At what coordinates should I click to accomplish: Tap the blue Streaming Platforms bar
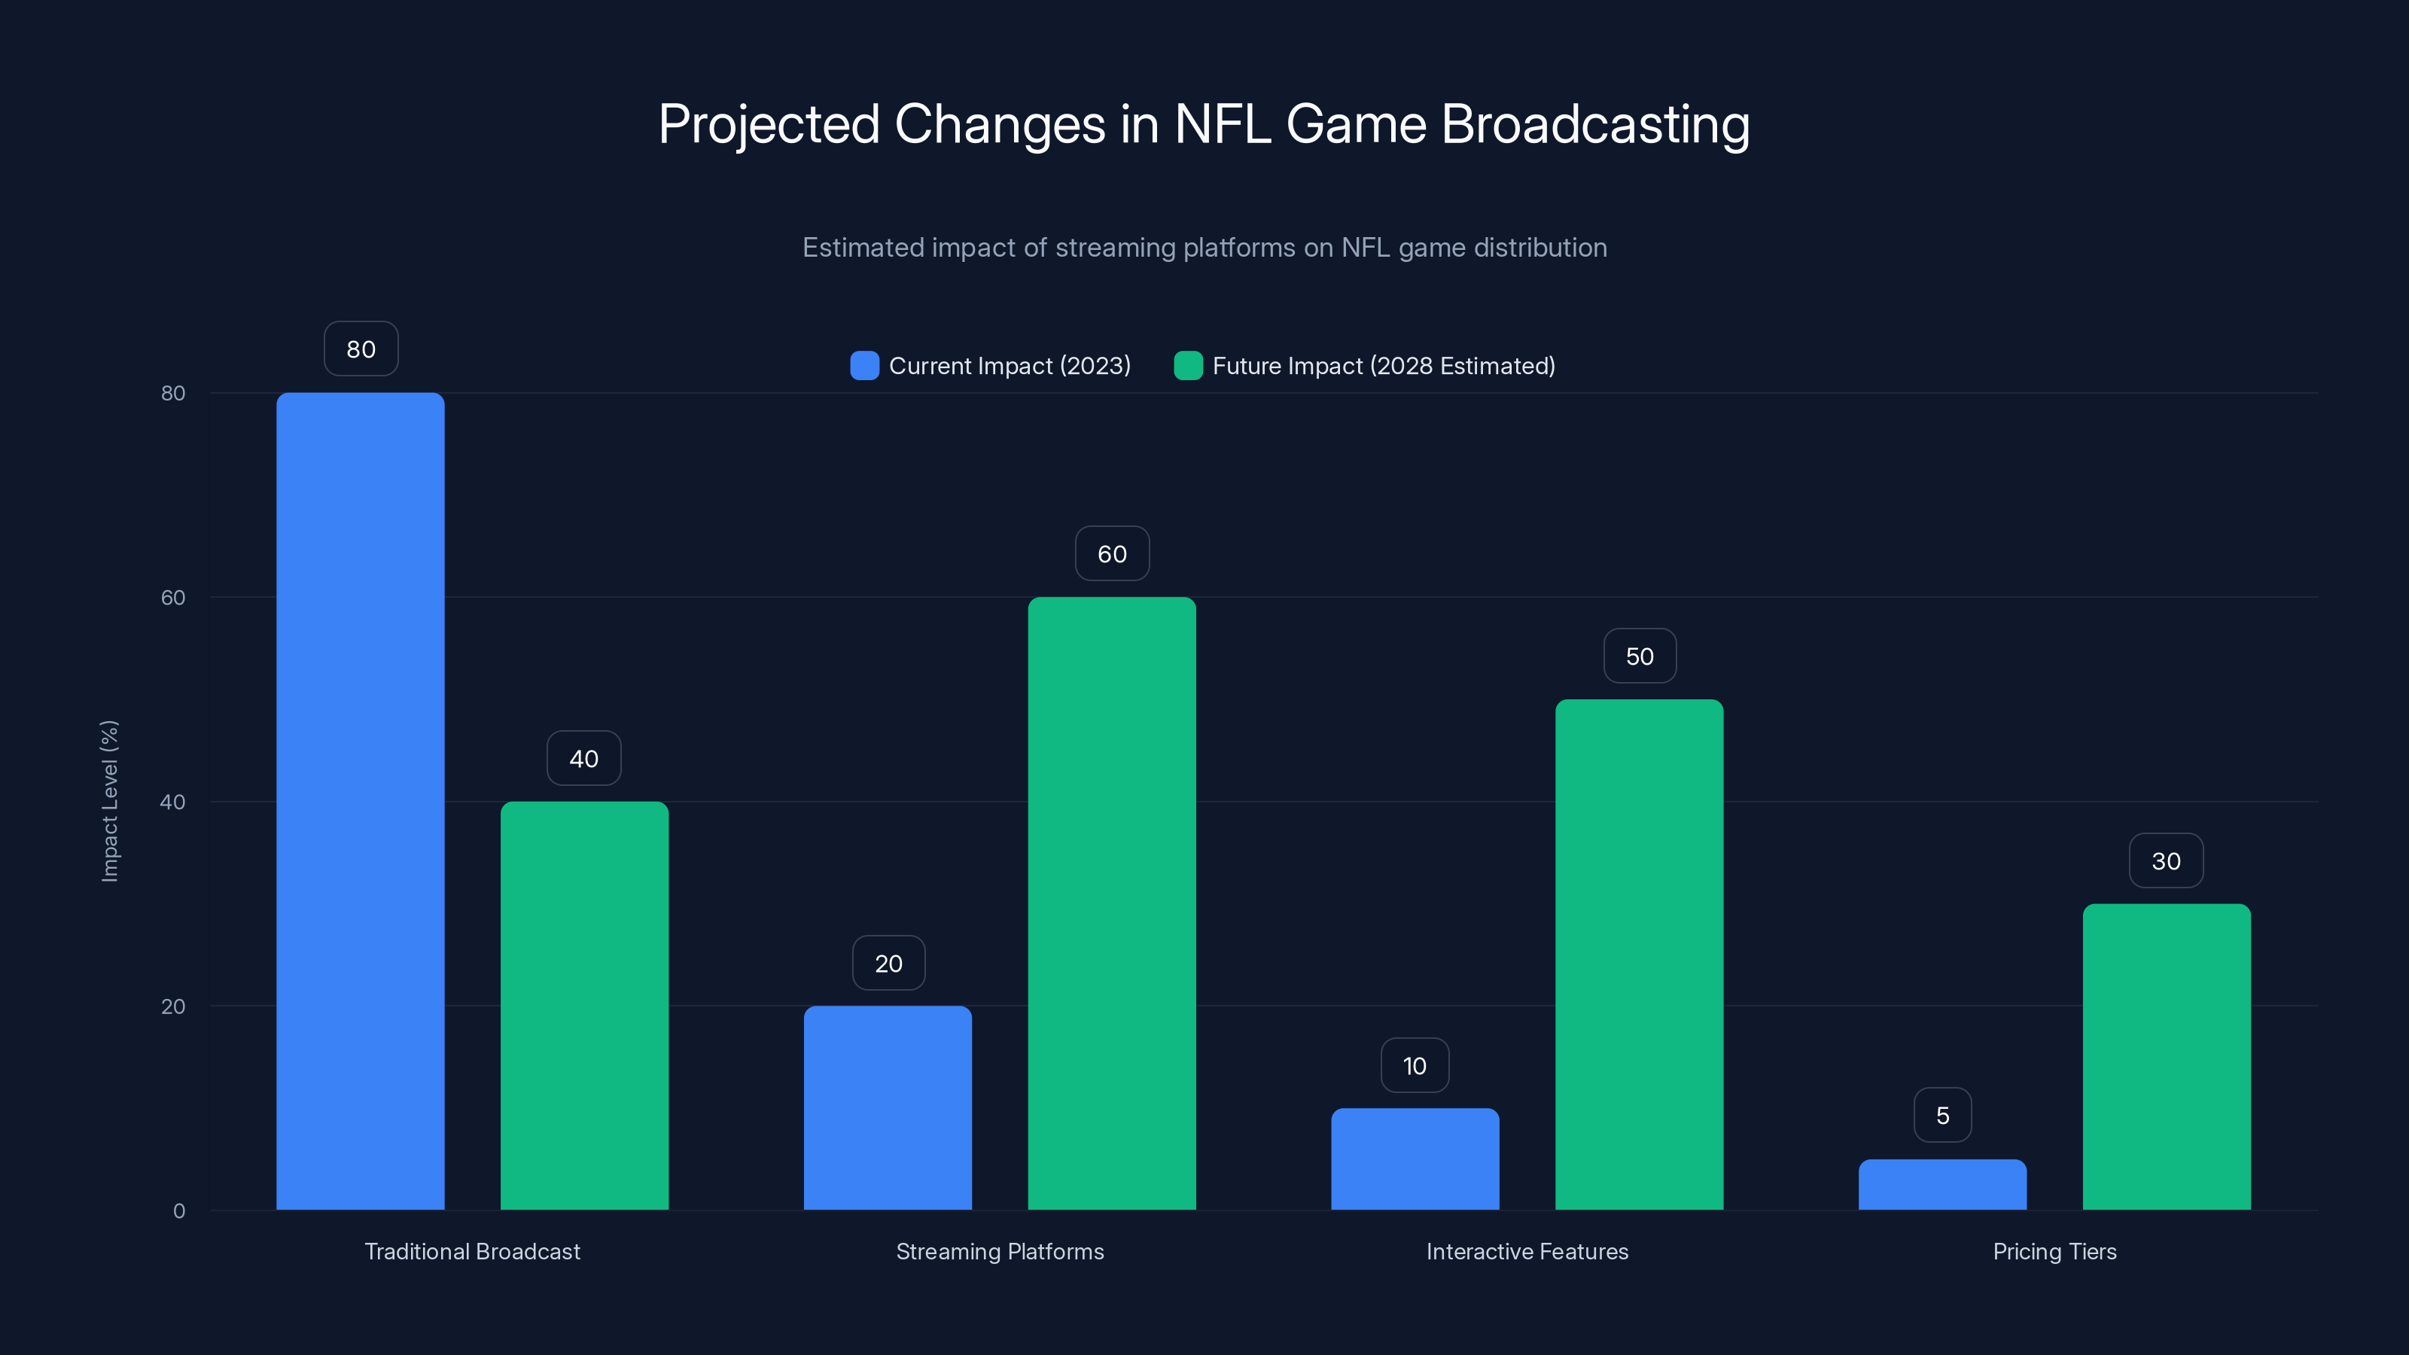pyautogui.click(x=888, y=1107)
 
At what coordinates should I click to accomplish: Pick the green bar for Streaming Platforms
pyautogui.click(x=1112, y=903)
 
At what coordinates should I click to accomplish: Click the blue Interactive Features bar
pyautogui.click(x=1415, y=1159)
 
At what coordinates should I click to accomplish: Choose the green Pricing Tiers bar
pyautogui.click(x=2166, y=1057)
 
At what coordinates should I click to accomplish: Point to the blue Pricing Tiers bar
pyautogui.click(x=1942, y=1184)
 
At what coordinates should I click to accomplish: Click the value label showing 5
pyautogui.click(x=1942, y=1115)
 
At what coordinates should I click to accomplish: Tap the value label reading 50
pyautogui.click(x=1640, y=656)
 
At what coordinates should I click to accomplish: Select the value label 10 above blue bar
pyautogui.click(x=1415, y=1065)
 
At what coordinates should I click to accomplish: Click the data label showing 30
pyautogui.click(x=2166, y=860)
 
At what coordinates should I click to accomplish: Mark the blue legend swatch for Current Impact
pyautogui.click(x=864, y=366)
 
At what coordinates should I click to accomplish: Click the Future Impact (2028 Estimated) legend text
pyautogui.click(x=1383, y=366)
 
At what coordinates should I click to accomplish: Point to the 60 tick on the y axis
pyautogui.click(x=173, y=598)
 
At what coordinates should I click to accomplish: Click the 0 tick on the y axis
pyautogui.click(x=178, y=1211)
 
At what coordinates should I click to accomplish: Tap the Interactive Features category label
pyautogui.click(x=1527, y=1251)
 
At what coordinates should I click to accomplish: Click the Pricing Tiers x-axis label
pyautogui.click(x=2054, y=1251)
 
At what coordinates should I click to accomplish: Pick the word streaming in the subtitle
pyautogui.click(x=1115, y=248)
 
